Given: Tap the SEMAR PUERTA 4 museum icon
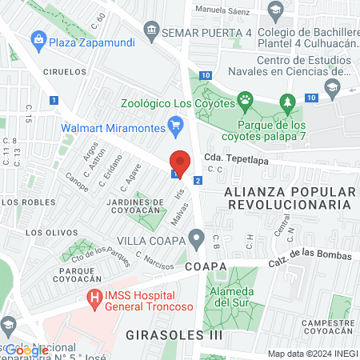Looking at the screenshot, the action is tap(151, 32).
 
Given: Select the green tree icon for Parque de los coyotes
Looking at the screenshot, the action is tap(287, 102).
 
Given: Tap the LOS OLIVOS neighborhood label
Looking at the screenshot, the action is tap(45, 233).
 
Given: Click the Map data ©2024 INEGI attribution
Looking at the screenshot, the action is tap(312, 354).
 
